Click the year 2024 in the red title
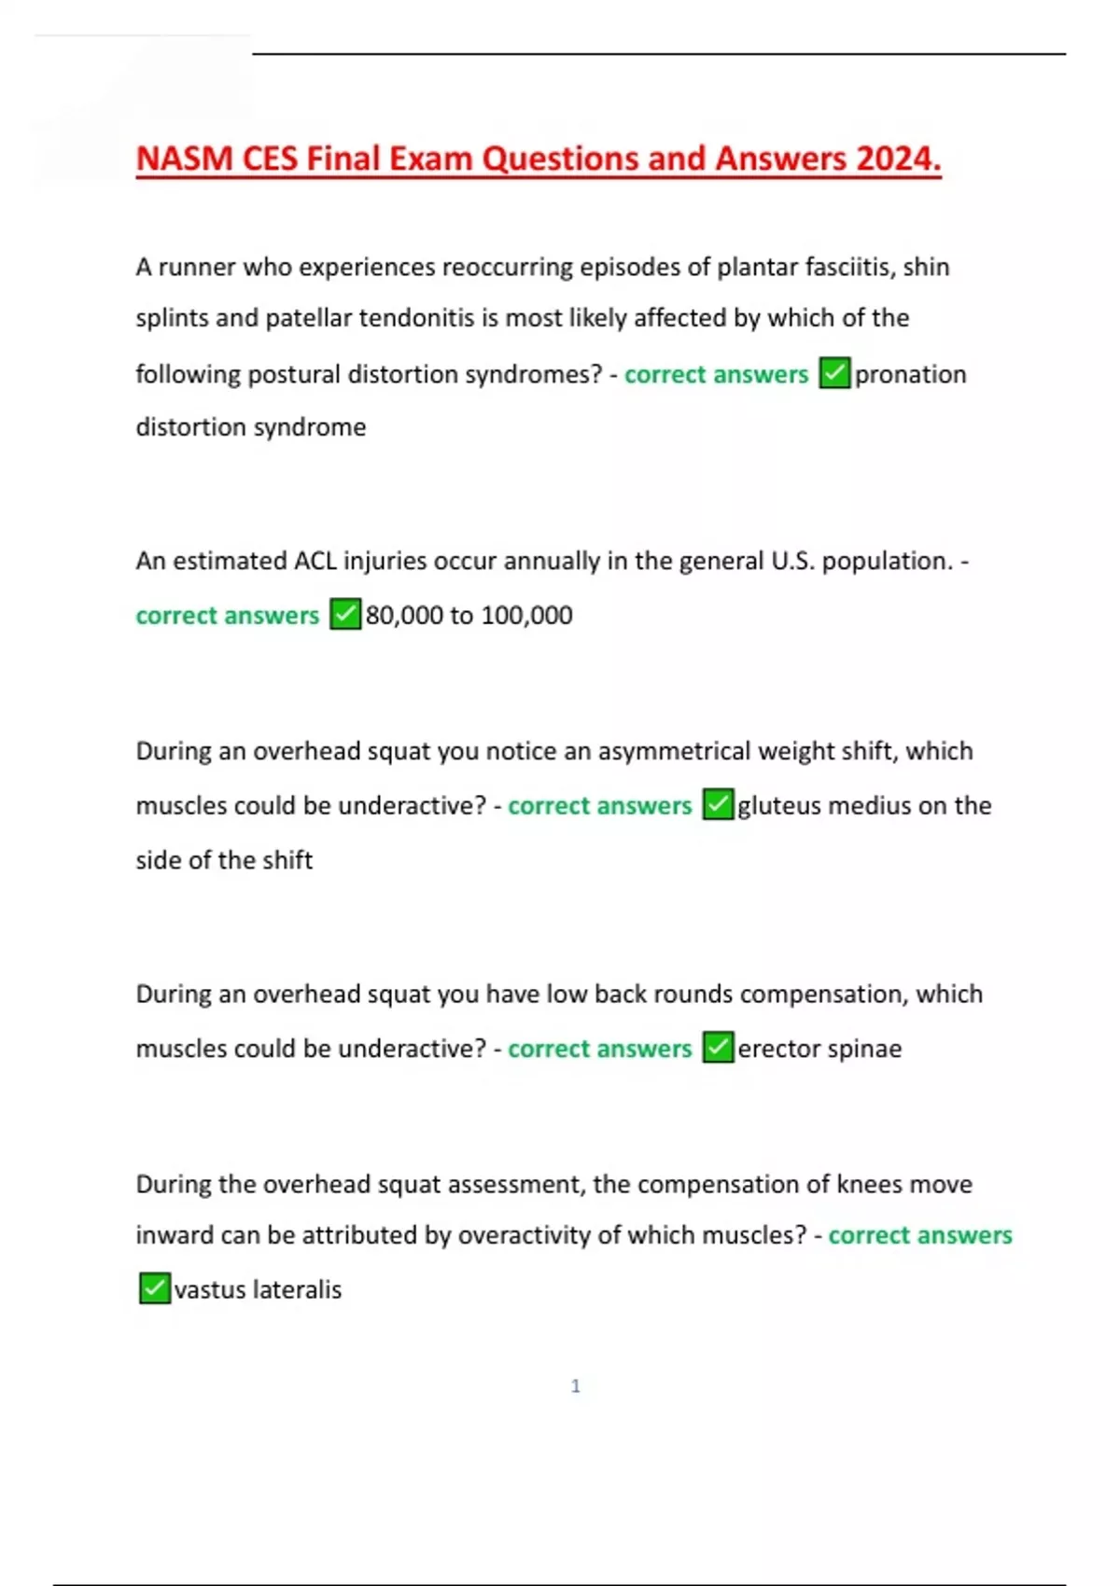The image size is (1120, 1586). click(897, 159)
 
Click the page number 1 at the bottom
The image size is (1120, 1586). click(576, 1386)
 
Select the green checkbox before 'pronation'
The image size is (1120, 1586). click(835, 373)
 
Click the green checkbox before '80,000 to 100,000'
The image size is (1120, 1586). click(345, 614)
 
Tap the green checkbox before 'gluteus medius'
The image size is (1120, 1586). click(718, 804)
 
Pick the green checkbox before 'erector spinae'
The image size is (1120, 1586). click(718, 1048)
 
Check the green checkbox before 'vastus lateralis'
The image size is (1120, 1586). click(154, 1288)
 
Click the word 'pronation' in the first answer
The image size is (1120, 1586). click(910, 374)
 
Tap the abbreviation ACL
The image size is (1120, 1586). click(315, 561)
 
